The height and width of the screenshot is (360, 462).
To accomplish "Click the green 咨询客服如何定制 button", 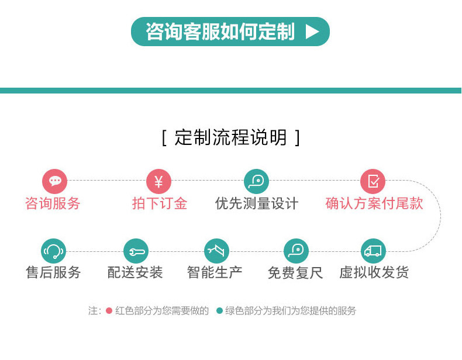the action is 230,32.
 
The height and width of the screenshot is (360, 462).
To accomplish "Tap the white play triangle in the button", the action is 313,32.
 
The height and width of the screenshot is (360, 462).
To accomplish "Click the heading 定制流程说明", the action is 230,138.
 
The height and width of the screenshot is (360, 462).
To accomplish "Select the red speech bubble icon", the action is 55,181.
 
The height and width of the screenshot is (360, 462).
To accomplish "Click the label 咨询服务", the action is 53,203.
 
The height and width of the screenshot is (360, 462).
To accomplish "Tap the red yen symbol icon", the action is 158,181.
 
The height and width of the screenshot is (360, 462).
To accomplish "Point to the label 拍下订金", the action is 160,203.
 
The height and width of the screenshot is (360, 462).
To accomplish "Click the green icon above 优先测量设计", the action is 256,181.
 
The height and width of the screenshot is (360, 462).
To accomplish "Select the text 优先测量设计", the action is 257,203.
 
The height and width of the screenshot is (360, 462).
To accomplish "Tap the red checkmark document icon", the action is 373,181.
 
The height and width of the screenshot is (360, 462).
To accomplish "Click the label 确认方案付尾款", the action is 374,203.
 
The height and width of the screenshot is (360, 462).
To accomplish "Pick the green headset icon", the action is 54,251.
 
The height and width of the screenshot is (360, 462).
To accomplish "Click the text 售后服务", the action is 53,272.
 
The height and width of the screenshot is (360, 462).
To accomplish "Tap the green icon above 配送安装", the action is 136,251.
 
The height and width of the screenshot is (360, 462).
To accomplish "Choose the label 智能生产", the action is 215,272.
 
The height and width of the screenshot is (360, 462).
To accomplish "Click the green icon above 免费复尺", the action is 296,251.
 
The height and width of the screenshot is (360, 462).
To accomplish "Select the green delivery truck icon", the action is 373,251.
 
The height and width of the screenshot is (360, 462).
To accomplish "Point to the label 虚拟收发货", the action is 374,272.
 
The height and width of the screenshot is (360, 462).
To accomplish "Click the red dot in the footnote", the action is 109,311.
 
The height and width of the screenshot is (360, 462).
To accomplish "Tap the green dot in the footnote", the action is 219,311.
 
